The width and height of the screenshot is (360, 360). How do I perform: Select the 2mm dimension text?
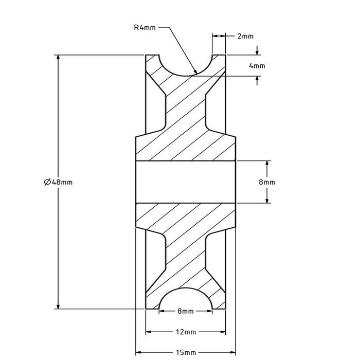pyautogui.click(x=245, y=37)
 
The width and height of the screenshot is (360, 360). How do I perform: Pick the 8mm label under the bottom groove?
pyautogui.click(x=185, y=311)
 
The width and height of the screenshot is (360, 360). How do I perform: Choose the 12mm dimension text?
pyautogui.click(x=186, y=332)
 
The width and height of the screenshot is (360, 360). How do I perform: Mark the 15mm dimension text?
pyautogui.click(x=186, y=352)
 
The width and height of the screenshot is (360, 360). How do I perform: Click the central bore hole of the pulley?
pyautogui.click(x=186, y=182)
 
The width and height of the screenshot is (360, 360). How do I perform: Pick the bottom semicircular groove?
pyautogui.click(x=186, y=300)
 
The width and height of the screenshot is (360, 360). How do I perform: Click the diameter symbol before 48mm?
pyautogui.click(x=47, y=182)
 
